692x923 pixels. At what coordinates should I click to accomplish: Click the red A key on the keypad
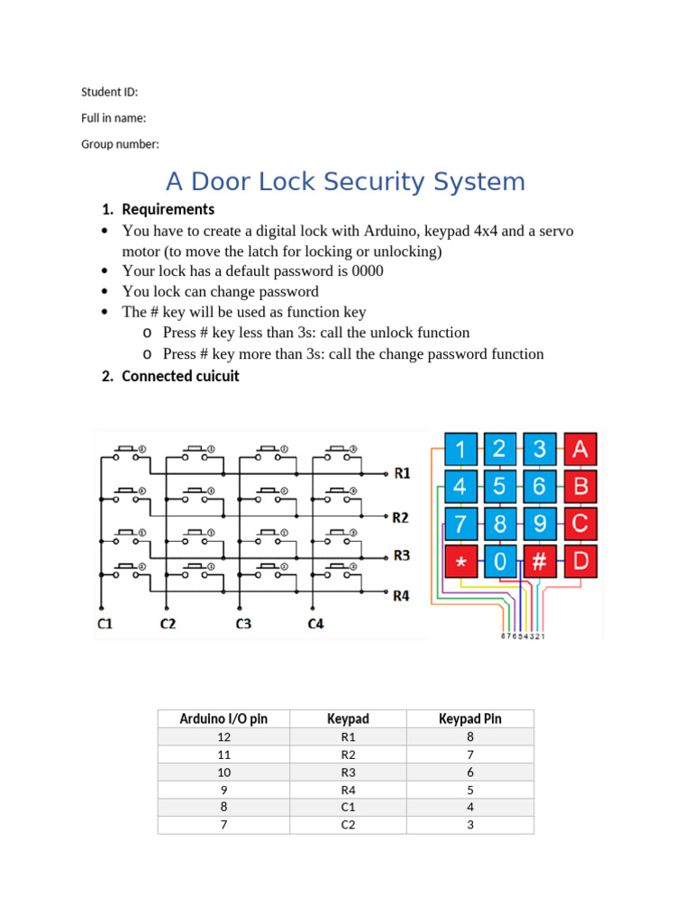click(580, 449)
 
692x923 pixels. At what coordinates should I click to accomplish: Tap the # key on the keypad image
click(540, 562)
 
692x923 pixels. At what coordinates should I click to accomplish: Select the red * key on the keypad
click(461, 562)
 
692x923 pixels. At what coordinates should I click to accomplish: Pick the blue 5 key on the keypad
click(500, 487)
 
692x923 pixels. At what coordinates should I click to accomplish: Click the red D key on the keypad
click(580, 562)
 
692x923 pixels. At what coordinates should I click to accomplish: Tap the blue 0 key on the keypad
click(500, 562)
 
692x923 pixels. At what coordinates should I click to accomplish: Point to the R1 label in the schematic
click(401, 472)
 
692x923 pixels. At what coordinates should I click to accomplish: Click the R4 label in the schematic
click(401, 595)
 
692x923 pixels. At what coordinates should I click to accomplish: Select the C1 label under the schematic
click(105, 624)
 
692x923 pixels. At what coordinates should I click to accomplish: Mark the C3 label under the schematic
click(243, 624)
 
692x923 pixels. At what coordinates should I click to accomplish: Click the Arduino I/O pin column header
click(223, 718)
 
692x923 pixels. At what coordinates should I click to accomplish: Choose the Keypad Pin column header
click(469, 718)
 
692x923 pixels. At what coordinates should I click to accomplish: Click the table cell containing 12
click(223, 736)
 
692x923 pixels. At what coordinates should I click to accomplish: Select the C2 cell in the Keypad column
click(348, 825)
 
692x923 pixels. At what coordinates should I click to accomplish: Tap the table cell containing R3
click(348, 772)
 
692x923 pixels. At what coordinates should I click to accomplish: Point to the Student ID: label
click(110, 92)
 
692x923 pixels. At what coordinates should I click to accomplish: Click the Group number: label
click(120, 144)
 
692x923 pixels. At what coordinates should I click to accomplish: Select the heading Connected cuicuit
click(180, 376)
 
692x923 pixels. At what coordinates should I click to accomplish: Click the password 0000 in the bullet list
click(367, 271)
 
